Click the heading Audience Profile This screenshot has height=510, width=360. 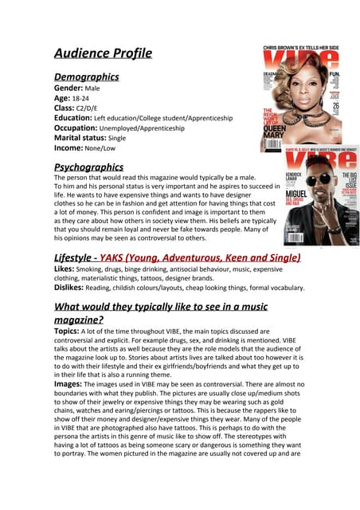click(102, 54)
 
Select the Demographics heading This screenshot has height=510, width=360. click(87, 77)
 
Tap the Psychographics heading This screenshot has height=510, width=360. click(88, 167)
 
